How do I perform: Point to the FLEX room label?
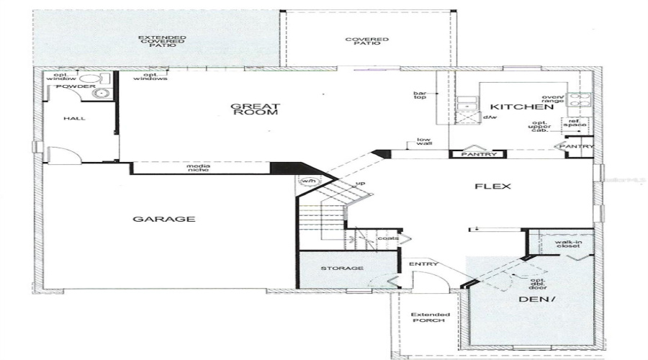pos(493,186)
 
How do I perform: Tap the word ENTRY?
pos(423,264)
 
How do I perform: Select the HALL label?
pos(75,118)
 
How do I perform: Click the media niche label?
pos(199,168)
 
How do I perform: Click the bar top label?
pos(420,95)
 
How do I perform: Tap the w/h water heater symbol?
pos(308,181)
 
